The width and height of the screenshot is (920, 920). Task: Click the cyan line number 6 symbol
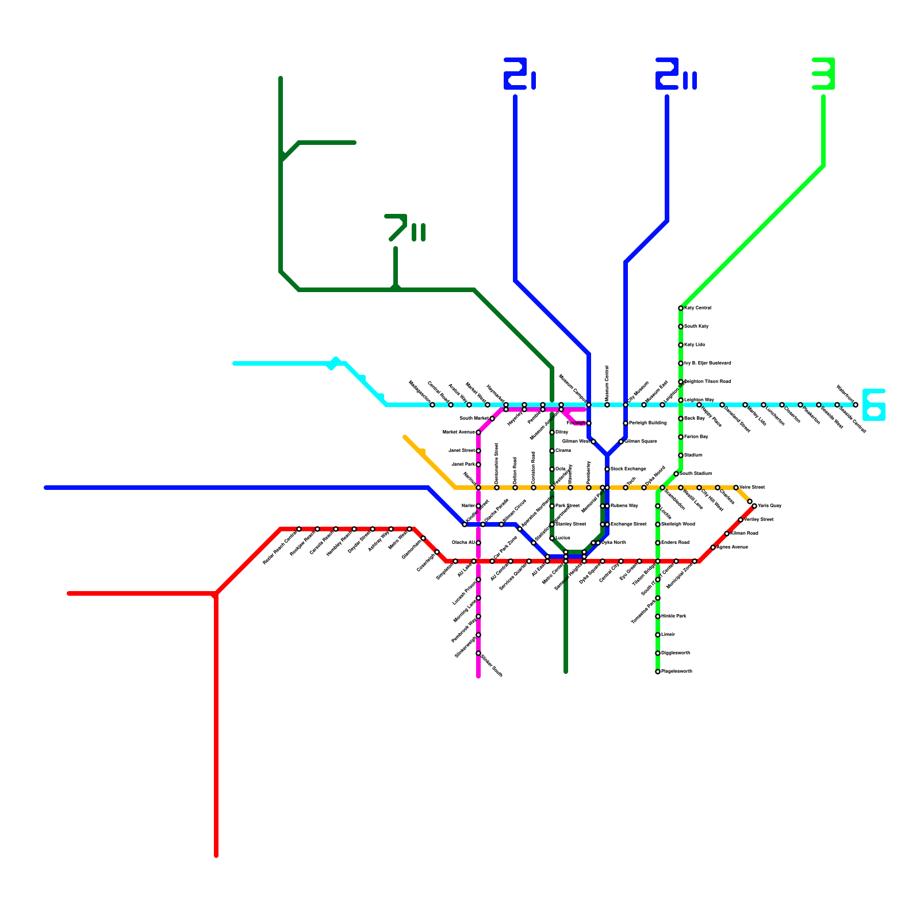(873, 405)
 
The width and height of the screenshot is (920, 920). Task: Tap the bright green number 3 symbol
(823, 74)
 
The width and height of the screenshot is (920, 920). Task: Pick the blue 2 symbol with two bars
(676, 74)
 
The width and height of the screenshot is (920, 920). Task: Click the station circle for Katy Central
(681, 308)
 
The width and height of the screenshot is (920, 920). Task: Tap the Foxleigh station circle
(589, 423)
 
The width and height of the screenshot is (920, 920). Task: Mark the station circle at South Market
(492, 419)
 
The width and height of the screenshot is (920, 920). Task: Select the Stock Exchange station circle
(607, 469)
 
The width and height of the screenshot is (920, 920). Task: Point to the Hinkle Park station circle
(658, 616)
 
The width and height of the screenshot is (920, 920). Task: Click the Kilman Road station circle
(727, 534)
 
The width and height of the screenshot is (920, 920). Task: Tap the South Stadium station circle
(676, 474)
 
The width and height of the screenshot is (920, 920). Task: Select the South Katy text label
(696, 327)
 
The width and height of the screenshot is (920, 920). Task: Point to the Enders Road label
(675, 543)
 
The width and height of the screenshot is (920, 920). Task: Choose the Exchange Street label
(628, 524)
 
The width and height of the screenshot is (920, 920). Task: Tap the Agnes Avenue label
(732, 547)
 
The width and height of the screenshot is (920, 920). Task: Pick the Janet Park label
(463, 465)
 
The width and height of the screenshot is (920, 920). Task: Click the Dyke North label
(614, 543)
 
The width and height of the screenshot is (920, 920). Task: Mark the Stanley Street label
(570, 524)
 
